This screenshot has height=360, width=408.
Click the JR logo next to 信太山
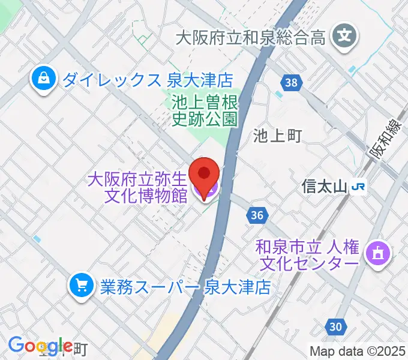coord(359,187)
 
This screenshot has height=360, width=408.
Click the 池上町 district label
coord(277,136)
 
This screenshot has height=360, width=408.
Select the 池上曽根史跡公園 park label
coord(205,110)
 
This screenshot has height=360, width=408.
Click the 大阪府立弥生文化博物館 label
coord(138,188)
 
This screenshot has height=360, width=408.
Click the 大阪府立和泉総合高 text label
coord(251,38)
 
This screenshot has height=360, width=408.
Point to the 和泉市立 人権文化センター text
coord(308,254)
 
